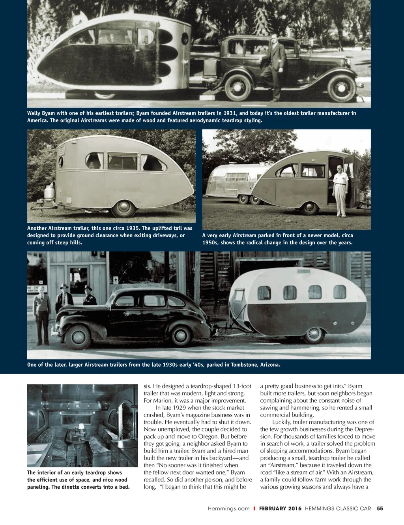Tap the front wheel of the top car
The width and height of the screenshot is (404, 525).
point(341,88)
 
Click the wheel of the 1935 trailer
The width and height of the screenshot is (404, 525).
point(124,208)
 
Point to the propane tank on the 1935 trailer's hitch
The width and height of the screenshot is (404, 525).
point(49,193)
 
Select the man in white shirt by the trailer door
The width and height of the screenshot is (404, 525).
point(340,189)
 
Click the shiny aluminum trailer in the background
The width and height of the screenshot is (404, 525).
point(233,182)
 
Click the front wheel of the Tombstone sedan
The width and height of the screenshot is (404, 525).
point(181,336)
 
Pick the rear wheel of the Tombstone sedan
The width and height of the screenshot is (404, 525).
point(78,337)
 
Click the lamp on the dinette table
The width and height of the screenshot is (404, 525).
point(81,427)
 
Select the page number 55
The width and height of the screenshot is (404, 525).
point(380,508)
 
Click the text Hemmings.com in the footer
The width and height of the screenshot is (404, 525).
point(229,508)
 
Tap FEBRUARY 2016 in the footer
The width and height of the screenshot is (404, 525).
point(280,508)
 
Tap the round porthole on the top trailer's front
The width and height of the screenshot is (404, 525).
point(184,39)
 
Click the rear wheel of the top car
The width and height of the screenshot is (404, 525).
point(238,87)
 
